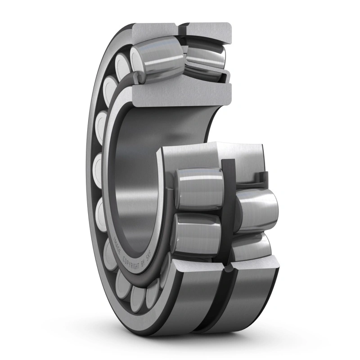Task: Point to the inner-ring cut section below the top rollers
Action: pos(180,94)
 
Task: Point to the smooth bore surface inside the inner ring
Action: pos(135,180)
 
